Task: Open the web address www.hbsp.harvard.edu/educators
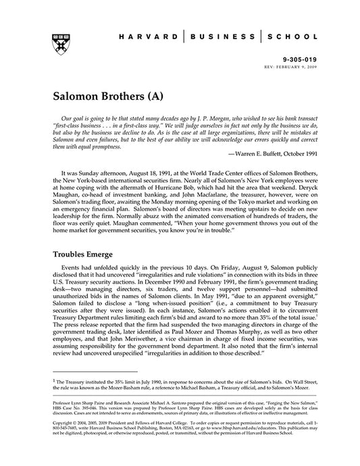coord(234,443)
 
